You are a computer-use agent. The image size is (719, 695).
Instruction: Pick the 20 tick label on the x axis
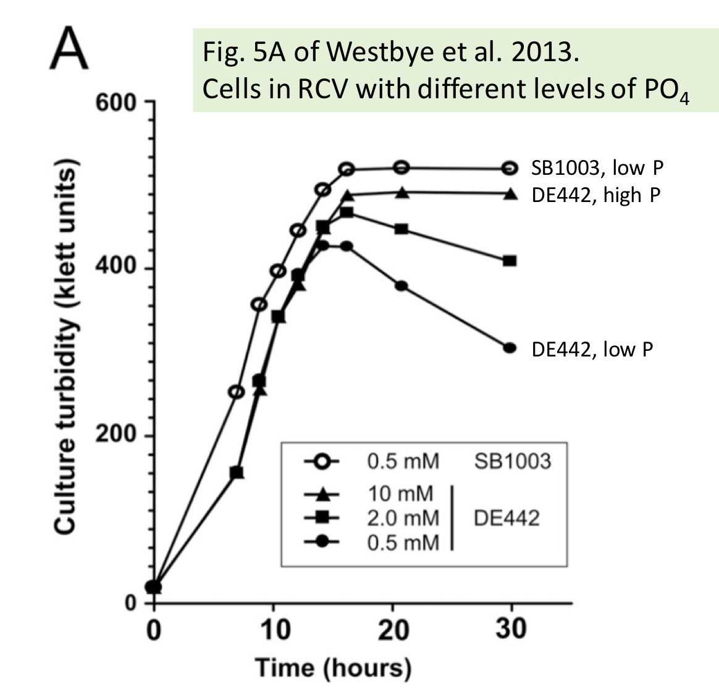tap(393, 630)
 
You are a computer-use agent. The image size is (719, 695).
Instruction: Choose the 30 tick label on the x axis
tap(510, 630)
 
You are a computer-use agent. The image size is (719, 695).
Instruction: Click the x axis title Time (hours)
tap(333, 668)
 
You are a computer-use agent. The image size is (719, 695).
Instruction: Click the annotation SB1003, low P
tap(597, 168)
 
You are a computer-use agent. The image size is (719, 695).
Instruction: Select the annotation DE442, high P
tap(595, 195)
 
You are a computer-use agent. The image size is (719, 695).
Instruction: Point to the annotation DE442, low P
tap(592, 350)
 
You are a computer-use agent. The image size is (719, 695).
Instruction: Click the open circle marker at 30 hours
tap(510, 168)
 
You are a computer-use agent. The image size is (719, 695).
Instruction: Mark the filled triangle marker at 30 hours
tap(510, 194)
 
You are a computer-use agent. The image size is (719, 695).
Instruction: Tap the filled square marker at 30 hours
tap(510, 261)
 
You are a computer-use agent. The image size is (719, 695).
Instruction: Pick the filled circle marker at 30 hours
tap(510, 348)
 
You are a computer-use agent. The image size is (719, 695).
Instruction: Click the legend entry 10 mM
tap(401, 494)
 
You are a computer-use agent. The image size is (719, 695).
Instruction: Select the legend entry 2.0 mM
tap(403, 518)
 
